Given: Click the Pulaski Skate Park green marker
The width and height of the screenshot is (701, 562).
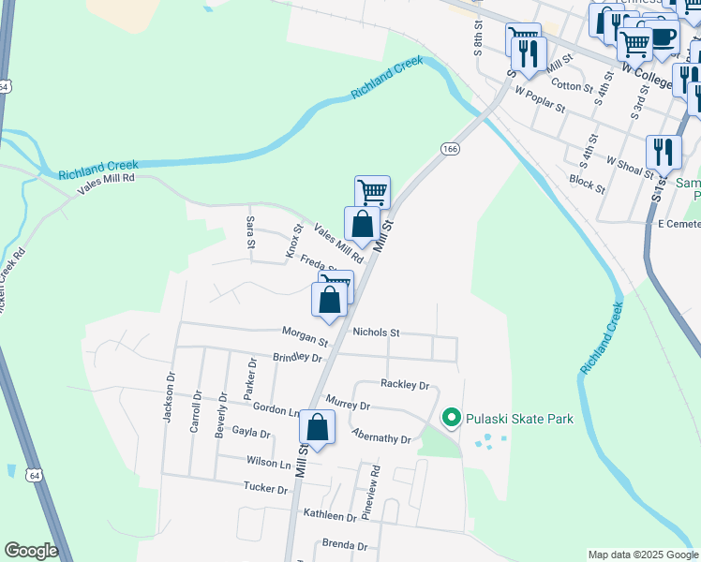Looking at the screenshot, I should (x=451, y=418).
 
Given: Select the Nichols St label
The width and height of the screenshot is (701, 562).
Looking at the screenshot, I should (x=376, y=333).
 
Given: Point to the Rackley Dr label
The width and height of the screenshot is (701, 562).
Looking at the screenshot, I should (x=405, y=384).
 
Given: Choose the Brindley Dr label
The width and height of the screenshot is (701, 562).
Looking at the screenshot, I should (x=297, y=358).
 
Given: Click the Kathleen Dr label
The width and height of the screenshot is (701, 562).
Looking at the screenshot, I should (x=331, y=516).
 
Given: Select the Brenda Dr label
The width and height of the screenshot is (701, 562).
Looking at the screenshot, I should (x=345, y=544).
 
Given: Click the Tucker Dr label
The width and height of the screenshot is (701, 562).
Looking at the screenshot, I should (x=265, y=488).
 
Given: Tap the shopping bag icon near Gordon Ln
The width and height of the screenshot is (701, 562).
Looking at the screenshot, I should (x=318, y=427).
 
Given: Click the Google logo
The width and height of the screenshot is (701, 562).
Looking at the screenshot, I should (x=31, y=551).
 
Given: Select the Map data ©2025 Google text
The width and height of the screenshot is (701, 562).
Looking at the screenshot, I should (x=642, y=555).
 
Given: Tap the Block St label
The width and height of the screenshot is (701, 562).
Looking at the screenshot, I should (x=588, y=182).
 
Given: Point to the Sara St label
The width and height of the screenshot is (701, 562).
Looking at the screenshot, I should (x=250, y=231).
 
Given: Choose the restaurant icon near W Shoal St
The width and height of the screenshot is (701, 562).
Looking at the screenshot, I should (x=664, y=151).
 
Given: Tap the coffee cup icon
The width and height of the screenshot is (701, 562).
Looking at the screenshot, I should (x=664, y=37).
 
